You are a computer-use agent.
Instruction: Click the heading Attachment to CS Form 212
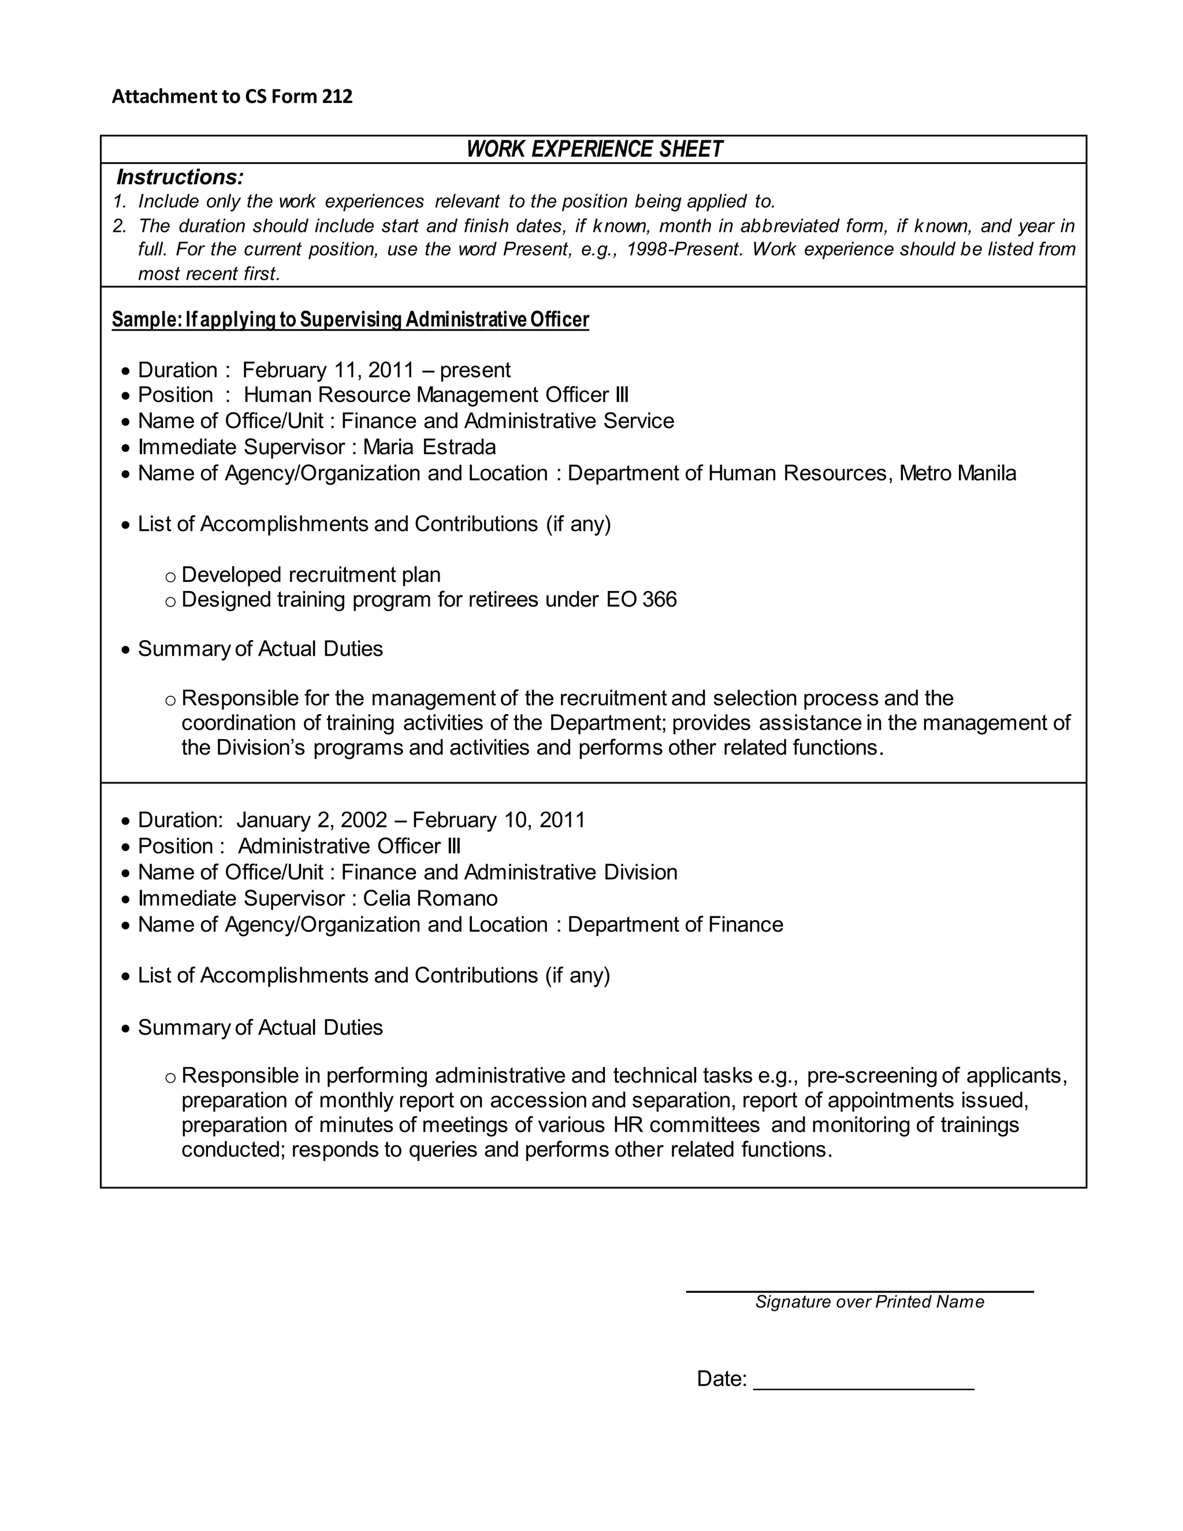tap(232, 96)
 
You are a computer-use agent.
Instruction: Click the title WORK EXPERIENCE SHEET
tap(594, 149)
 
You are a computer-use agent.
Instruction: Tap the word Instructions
tap(180, 177)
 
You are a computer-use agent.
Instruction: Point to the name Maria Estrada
tap(429, 447)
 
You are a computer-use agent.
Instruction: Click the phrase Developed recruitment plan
tap(310, 575)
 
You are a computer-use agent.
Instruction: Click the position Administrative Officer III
tap(349, 846)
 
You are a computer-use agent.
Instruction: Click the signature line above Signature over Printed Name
tap(859, 1291)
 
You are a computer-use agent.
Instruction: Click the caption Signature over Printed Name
tap(869, 1302)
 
